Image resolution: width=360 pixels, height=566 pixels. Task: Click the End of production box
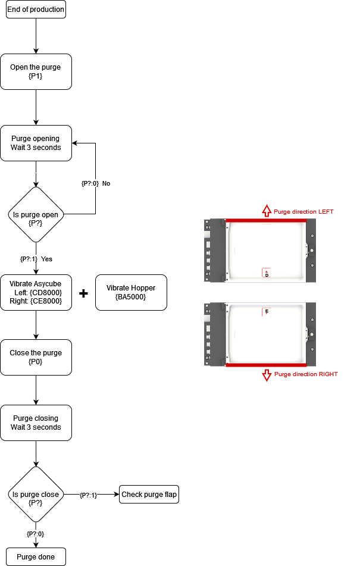pos(36,10)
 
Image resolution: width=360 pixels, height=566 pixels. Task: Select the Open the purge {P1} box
pos(36,72)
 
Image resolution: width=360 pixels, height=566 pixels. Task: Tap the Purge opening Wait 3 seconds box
pos(36,143)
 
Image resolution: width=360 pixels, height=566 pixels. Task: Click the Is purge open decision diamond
pos(36,214)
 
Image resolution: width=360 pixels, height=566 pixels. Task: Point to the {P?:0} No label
pos(96,183)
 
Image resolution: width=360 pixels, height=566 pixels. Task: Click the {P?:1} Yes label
pos(36,259)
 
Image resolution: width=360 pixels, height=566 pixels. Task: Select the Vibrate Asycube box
pos(36,292)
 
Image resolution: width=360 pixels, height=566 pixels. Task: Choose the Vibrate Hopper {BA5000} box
pos(131,292)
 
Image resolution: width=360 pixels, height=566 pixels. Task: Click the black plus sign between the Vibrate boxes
pos(83,293)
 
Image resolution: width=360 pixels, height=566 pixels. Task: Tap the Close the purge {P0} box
pos(36,358)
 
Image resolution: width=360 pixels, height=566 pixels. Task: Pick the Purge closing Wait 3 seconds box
pos(36,423)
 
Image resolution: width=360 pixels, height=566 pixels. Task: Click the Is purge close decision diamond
pos(36,495)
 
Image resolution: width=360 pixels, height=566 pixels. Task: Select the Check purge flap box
pos(149,495)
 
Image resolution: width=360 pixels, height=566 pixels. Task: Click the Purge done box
pos(36,557)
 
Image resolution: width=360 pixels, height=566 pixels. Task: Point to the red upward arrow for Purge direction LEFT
pos(267,211)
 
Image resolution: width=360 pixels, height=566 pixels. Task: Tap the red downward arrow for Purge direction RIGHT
pos(267,374)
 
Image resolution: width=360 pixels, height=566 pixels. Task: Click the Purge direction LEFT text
pos(304,211)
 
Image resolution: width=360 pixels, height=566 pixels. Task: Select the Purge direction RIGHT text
pos(306,374)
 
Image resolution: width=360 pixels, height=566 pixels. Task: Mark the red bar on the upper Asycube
pos(266,220)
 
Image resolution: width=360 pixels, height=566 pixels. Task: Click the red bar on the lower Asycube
pos(266,365)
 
